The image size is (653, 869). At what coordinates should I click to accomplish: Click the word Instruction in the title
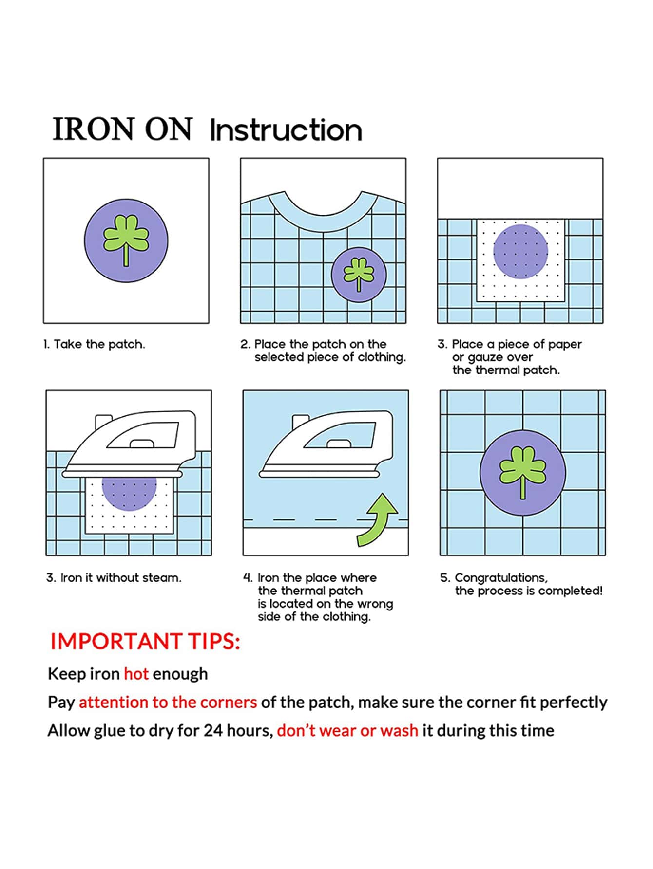click(286, 130)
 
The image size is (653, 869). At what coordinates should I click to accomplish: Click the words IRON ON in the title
click(122, 129)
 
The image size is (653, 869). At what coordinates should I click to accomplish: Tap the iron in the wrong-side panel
click(326, 445)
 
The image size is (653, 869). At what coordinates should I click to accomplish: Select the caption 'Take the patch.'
click(94, 344)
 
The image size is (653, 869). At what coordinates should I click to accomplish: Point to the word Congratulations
click(501, 578)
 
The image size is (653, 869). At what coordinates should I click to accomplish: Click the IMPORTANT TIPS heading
click(145, 641)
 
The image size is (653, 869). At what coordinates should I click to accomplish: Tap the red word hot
click(136, 674)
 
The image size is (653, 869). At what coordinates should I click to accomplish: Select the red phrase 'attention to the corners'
click(168, 702)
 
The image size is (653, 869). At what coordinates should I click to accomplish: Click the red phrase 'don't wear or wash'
click(347, 730)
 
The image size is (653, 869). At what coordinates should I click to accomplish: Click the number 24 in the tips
click(212, 731)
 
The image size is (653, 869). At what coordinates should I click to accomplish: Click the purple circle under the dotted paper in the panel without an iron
click(520, 251)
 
